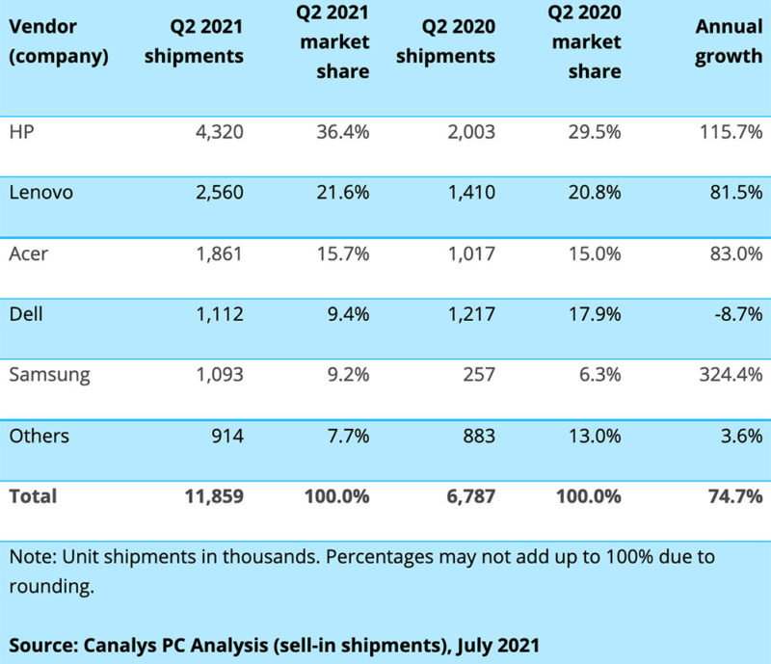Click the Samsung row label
48,374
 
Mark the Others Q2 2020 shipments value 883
476,436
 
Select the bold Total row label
32,496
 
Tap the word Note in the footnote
28,558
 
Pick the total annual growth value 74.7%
734,496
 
